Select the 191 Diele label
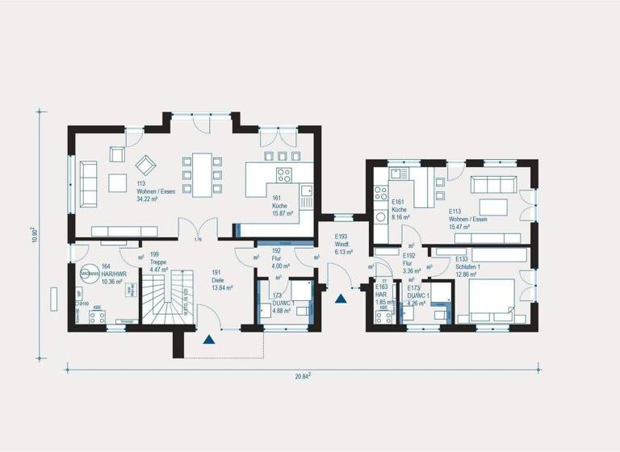222,281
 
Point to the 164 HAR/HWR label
109,275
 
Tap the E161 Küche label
401,210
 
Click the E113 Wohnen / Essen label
467,218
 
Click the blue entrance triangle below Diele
210,340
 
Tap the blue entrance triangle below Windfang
342,299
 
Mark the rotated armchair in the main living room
146,165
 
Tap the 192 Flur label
280,260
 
